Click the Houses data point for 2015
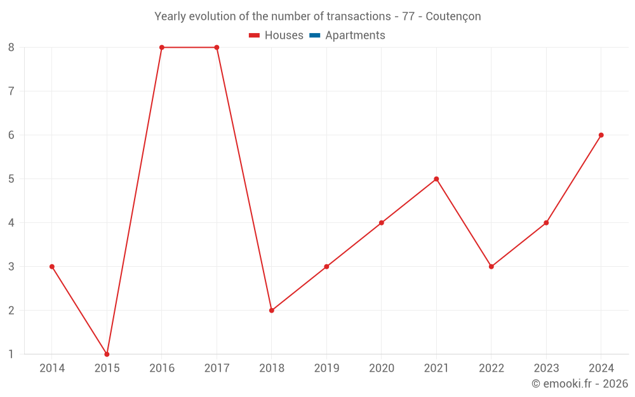(x=107, y=354)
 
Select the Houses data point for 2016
(x=162, y=48)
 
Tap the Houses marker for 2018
(x=272, y=311)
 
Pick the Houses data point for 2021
(x=436, y=179)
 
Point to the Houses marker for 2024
(x=601, y=135)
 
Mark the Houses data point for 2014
(x=52, y=267)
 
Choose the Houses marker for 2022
(x=491, y=267)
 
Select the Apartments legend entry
(x=355, y=36)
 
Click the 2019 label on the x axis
(x=326, y=368)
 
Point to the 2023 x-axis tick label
(x=546, y=368)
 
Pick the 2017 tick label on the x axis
(x=217, y=368)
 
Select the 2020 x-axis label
(x=382, y=368)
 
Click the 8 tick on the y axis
(x=11, y=48)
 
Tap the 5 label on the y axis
(x=11, y=179)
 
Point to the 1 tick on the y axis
(x=11, y=354)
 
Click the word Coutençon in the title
(x=453, y=17)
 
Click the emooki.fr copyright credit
(x=580, y=384)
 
